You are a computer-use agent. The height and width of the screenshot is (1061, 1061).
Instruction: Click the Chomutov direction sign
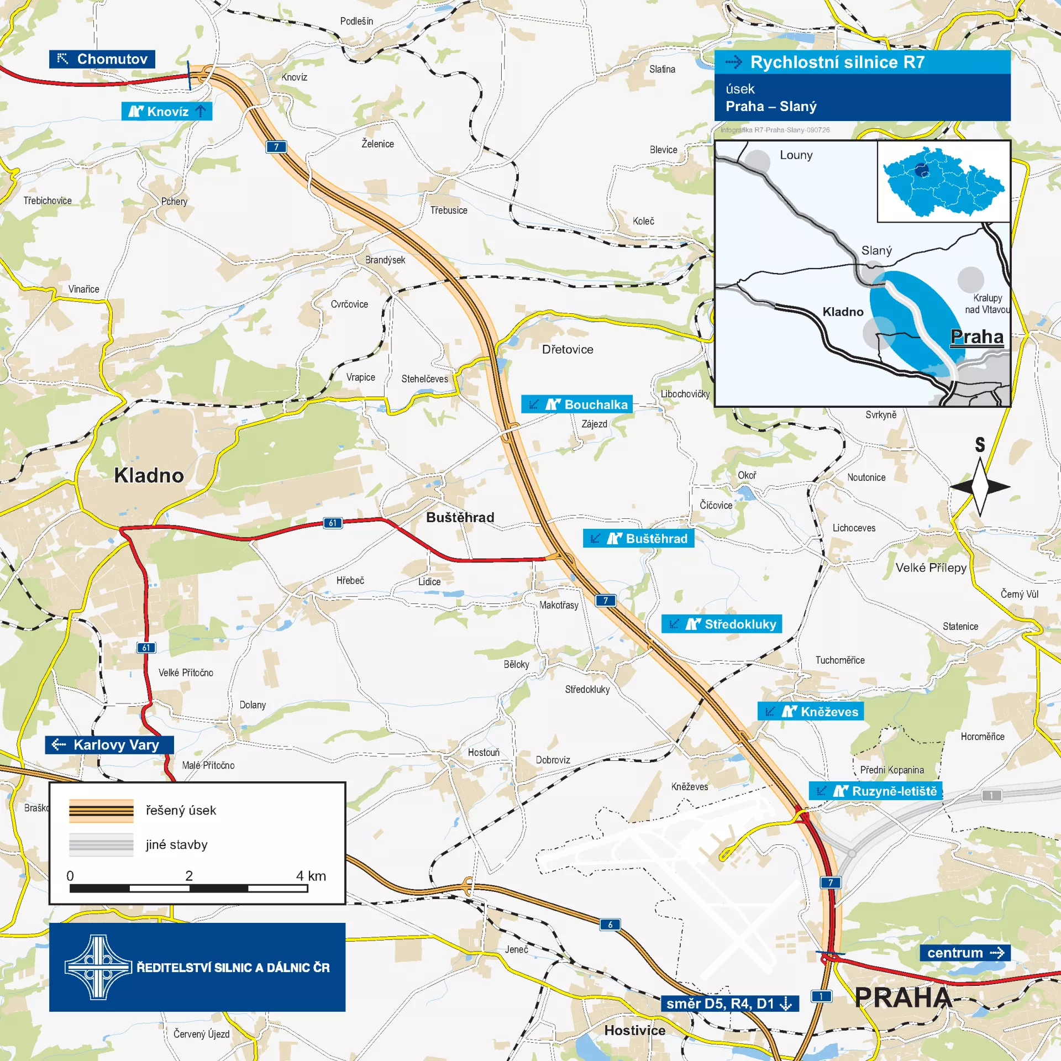[102, 59]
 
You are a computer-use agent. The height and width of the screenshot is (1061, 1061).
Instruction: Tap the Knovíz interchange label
[166, 112]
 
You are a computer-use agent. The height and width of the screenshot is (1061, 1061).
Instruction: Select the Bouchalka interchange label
[577, 405]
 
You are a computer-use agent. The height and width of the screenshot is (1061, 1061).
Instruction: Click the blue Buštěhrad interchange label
[638, 538]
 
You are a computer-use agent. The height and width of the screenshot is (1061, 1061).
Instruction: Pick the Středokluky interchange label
[721, 624]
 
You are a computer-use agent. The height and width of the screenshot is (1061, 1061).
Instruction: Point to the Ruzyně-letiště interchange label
[875, 791]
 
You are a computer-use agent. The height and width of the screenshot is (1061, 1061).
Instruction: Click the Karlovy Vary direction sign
[109, 745]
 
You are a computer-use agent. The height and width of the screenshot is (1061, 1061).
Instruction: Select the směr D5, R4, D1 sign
[729, 1004]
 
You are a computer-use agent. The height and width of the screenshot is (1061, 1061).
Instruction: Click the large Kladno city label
[149, 475]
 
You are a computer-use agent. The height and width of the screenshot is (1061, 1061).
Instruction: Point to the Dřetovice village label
[568, 349]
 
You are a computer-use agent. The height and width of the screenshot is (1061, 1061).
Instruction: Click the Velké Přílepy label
[931, 568]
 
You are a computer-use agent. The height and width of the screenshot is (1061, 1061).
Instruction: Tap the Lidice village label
[429, 581]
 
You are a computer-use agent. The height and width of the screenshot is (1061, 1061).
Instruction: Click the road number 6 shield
[610, 925]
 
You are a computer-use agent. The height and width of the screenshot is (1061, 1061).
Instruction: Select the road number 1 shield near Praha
[821, 996]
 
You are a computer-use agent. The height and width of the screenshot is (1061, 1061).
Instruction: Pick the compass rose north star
[980, 486]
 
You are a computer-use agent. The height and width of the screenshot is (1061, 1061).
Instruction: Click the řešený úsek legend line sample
[101, 811]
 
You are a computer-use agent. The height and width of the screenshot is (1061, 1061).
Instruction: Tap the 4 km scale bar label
[311, 876]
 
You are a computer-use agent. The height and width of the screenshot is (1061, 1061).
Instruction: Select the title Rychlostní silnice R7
[837, 62]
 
